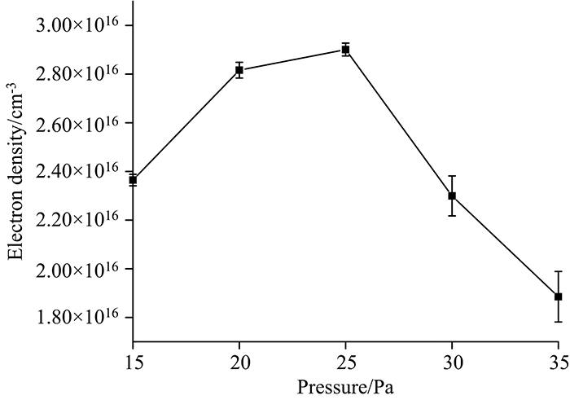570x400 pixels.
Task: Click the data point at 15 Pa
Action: click(x=133, y=179)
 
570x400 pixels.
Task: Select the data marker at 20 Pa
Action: click(x=239, y=70)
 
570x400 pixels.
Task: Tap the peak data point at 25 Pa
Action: click(x=345, y=50)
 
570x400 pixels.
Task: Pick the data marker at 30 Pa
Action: click(x=452, y=196)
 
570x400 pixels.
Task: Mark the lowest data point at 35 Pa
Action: click(x=558, y=297)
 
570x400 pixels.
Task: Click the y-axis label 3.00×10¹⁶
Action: click(x=80, y=26)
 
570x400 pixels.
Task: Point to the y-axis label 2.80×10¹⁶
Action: click(x=80, y=75)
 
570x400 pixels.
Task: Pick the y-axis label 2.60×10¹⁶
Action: click(x=80, y=123)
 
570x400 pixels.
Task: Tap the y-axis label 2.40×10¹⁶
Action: click(x=80, y=172)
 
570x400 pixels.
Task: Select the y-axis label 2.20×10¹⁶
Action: click(x=80, y=220)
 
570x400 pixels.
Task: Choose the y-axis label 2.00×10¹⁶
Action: click(x=80, y=269)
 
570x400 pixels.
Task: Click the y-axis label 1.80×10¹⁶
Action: click(x=80, y=317)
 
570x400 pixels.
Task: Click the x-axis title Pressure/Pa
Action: click(x=345, y=385)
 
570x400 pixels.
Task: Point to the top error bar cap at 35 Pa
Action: click(x=558, y=271)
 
